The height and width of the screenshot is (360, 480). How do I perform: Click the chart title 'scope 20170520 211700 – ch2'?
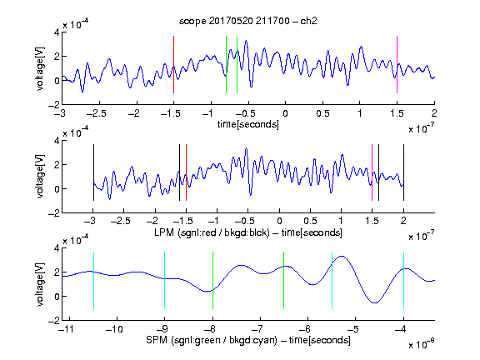pyautogui.click(x=247, y=21)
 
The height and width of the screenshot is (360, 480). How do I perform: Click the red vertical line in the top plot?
pyautogui.click(x=173, y=64)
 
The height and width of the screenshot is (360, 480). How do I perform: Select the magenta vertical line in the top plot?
pyautogui.click(x=397, y=64)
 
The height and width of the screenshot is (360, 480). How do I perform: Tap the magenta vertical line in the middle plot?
pyautogui.click(x=372, y=172)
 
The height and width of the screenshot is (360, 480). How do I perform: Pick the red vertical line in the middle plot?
pyautogui.click(x=186, y=172)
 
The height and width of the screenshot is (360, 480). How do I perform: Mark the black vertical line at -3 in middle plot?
pyautogui.click(x=93, y=172)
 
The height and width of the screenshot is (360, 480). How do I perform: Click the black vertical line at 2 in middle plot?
pyautogui.click(x=403, y=172)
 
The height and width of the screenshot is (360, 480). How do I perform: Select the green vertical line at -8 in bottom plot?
pyautogui.click(x=212, y=280)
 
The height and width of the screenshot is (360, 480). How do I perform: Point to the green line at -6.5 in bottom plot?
pyautogui.click(x=284, y=280)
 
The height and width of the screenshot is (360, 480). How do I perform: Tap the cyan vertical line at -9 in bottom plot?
pyautogui.click(x=164, y=280)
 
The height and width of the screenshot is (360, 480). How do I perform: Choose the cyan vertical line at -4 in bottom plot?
pyautogui.click(x=403, y=280)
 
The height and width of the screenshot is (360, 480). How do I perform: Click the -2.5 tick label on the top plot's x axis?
pyautogui.click(x=96, y=113)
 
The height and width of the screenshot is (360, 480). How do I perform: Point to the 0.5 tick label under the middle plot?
pyautogui.click(x=310, y=221)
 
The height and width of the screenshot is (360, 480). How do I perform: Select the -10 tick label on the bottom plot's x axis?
pyautogui.click(x=114, y=329)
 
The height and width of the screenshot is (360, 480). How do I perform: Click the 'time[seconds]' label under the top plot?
pyautogui.click(x=248, y=124)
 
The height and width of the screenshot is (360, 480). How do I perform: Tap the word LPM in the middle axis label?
pyautogui.click(x=164, y=232)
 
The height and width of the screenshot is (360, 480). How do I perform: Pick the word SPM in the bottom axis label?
pyautogui.click(x=157, y=340)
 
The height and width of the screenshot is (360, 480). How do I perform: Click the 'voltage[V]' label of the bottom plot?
pyautogui.click(x=40, y=284)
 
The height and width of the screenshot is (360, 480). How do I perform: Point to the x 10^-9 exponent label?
pyautogui.click(x=422, y=345)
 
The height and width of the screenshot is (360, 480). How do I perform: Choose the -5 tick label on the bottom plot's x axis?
pyautogui.click(x=354, y=329)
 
